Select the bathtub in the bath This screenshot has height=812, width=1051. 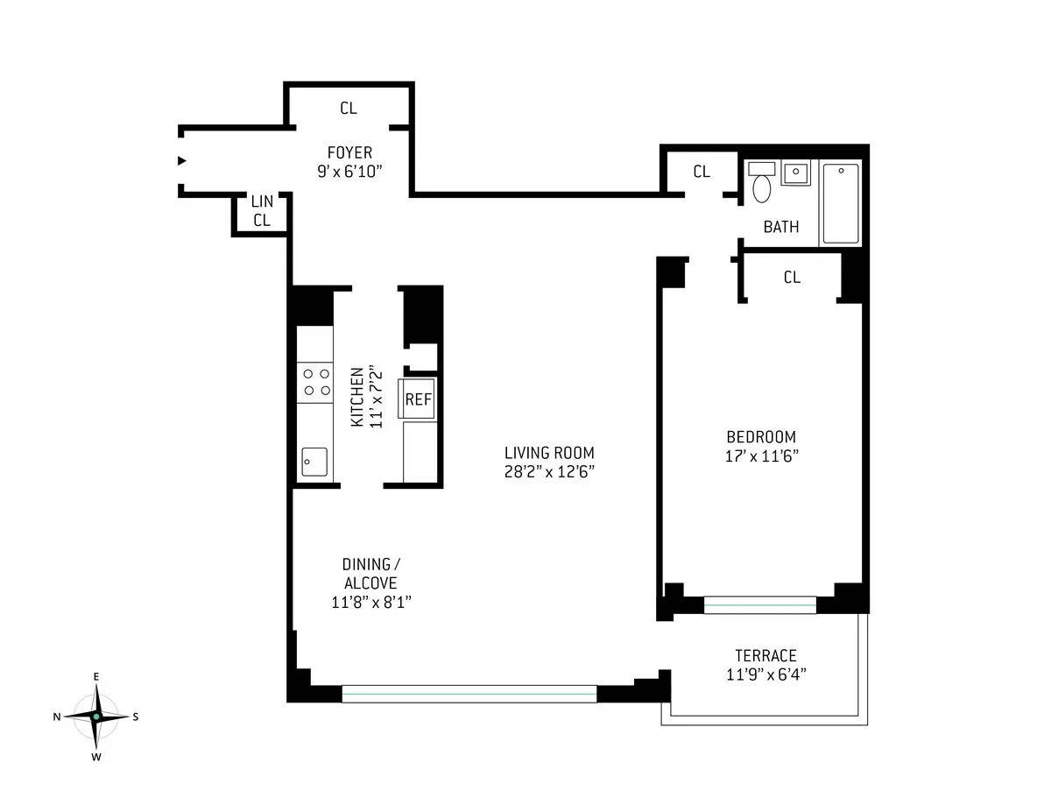point(841,203)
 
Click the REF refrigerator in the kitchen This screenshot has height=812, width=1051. point(418,399)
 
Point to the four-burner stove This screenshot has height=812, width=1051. point(315,383)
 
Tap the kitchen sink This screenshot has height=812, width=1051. point(314,462)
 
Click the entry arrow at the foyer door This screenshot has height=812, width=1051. point(182,160)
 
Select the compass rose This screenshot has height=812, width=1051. point(96,717)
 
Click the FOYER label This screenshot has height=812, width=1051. point(349,152)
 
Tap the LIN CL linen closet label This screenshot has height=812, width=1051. point(262,210)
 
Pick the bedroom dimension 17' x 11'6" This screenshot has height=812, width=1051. point(761,456)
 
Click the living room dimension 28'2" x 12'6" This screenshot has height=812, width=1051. point(549,471)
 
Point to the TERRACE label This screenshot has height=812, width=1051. point(765,656)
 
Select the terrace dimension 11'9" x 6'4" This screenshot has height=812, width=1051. point(766,674)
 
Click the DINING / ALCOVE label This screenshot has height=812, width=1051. point(371,574)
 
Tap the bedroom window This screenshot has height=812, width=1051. point(760,605)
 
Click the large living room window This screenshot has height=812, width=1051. point(469,694)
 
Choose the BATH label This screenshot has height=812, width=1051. point(781,227)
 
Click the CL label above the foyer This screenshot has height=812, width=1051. point(349,109)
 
